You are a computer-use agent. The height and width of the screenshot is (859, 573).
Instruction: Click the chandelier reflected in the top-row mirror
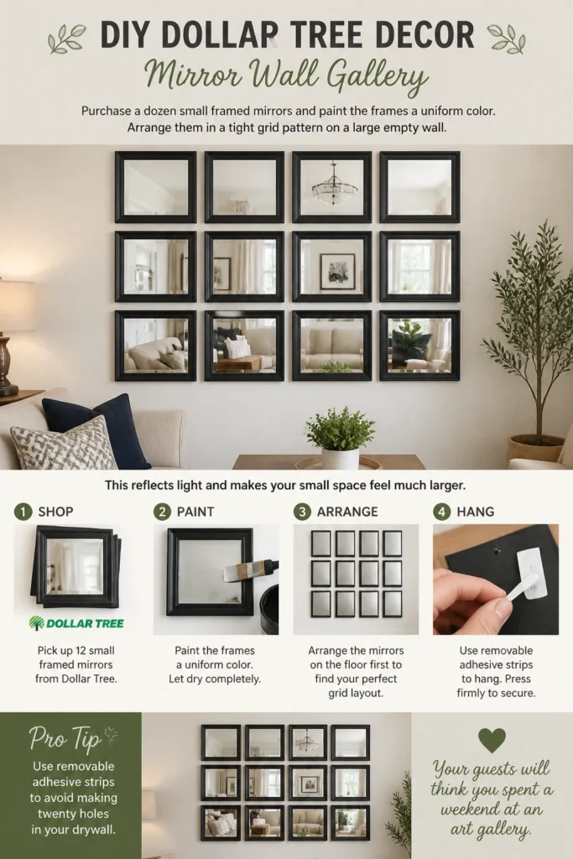coord(334,185)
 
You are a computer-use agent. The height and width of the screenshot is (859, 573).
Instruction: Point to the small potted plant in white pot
coord(340,439)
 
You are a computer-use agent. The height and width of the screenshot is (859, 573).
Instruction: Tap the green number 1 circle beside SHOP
coord(23,512)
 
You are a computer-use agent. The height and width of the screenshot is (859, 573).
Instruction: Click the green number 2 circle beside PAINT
coord(162,512)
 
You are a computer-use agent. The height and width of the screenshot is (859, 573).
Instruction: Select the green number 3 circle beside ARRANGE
coord(302,512)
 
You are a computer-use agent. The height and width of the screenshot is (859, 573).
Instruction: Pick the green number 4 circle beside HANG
coord(441,512)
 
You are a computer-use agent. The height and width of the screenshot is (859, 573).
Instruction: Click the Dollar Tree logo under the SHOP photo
coord(76,623)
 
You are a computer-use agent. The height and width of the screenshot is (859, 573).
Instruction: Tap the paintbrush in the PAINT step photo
coord(250,570)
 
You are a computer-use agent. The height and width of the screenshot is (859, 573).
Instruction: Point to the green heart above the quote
coord(492,740)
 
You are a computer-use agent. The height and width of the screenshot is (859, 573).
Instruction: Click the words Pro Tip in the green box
coord(65,739)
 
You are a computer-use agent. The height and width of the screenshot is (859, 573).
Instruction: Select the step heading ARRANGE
coord(347,512)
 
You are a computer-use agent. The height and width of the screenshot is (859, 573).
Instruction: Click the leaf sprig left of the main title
coord(67,39)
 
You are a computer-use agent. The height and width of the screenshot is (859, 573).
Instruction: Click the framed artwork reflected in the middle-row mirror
coord(337,271)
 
